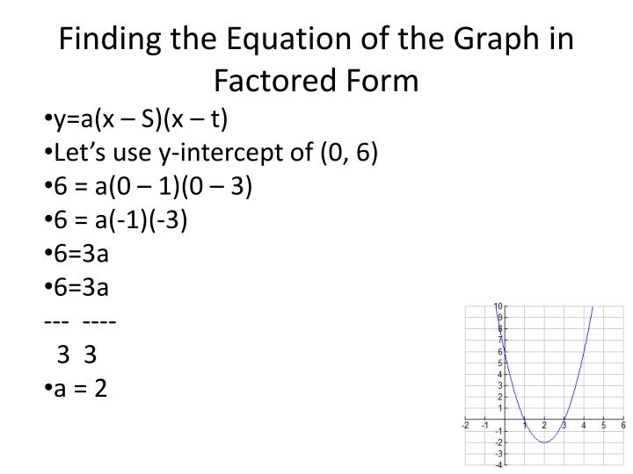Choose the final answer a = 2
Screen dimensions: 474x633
79,387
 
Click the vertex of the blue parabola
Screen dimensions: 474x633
544,442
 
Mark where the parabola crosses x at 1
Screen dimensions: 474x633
525,419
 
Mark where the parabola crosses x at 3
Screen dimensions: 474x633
564,419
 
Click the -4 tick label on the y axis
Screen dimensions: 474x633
498,464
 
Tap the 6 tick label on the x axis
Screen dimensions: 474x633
623,426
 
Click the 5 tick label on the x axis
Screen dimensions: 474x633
604,426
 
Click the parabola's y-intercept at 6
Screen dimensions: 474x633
505,351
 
